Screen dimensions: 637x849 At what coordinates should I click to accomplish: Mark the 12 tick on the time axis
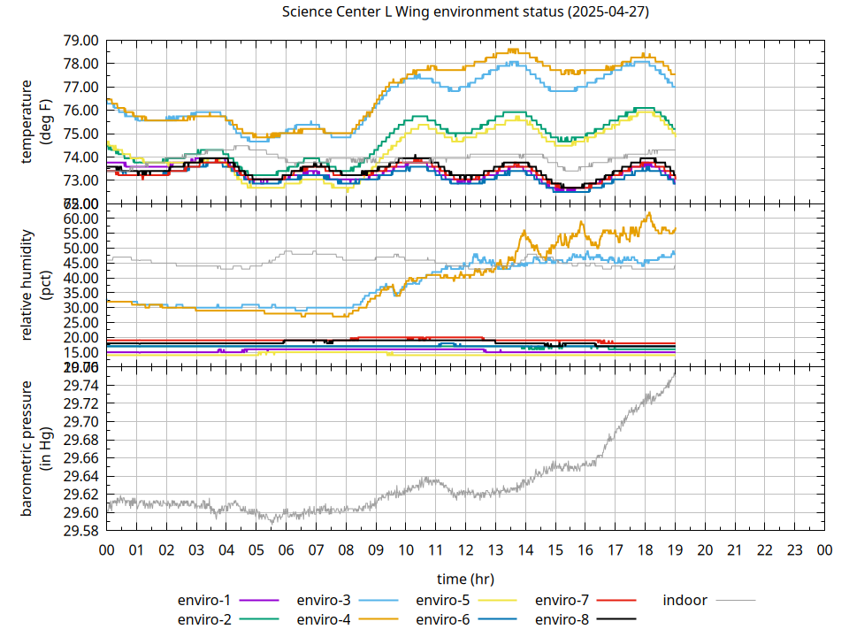click(465, 549)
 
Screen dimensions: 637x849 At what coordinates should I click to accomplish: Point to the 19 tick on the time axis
click(675, 549)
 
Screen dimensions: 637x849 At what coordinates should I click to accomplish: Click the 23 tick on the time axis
click(794, 549)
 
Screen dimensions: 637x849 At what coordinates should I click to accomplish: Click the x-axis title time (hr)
click(465, 579)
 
